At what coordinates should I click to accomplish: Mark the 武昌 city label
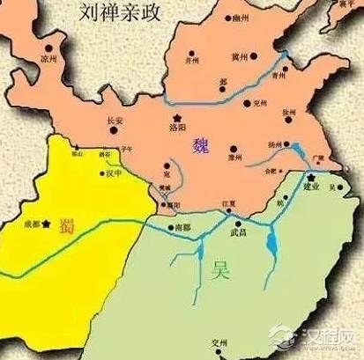[x=239, y=231]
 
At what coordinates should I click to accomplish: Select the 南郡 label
[x=182, y=226]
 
